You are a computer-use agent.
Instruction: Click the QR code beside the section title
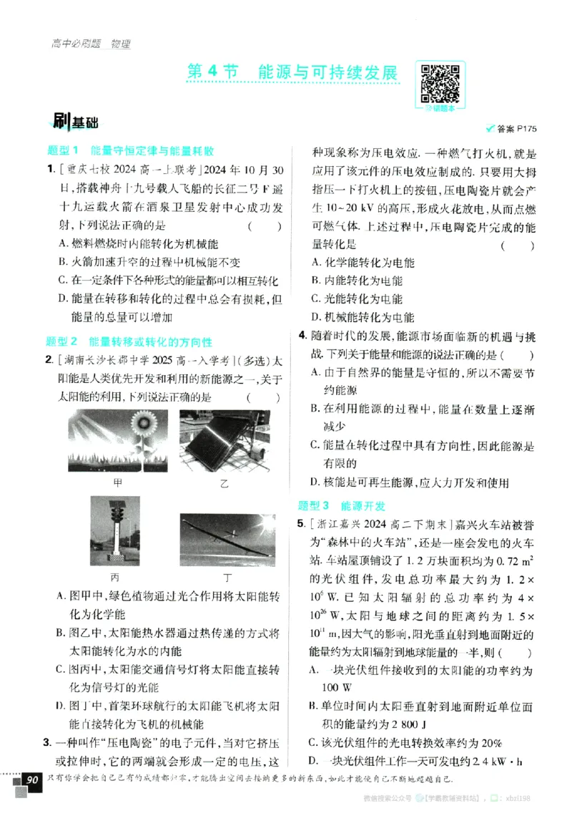pos(439,83)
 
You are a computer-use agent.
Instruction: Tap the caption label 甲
pos(117,482)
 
